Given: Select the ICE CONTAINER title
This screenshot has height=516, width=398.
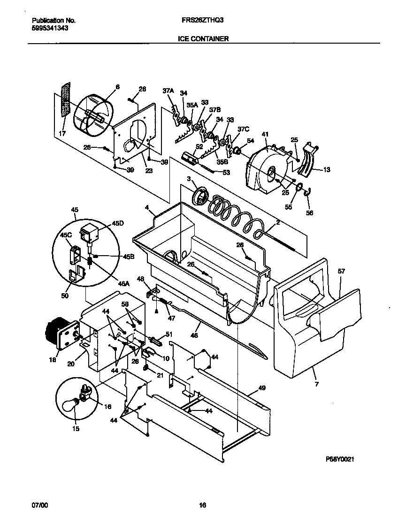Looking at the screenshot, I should (203, 39).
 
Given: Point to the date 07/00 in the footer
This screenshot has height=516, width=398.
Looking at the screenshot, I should (39, 505).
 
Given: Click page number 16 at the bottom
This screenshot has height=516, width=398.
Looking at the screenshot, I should (202, 505).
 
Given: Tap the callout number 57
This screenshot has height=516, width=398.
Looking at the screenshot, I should (341, 271).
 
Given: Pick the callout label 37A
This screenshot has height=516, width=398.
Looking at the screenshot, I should (168, 91).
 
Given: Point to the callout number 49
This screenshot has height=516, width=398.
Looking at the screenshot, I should (261, 388).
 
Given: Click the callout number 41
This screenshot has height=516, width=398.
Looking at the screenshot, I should (265, 134).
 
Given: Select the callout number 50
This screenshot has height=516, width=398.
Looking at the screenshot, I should (65, 296).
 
